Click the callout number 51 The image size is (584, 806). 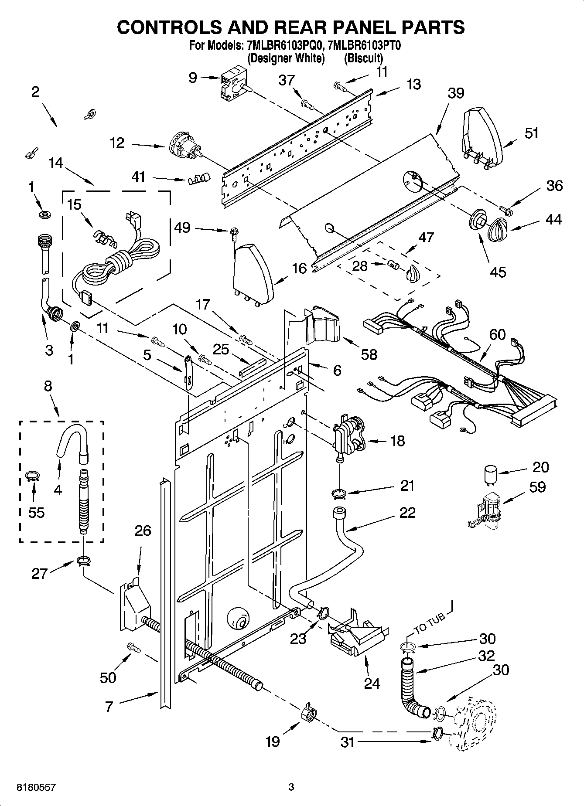pos(531,133)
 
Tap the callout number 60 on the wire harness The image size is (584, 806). pos(497,334)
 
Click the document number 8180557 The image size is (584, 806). pos(36,787)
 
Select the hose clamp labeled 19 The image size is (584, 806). pos(308,713)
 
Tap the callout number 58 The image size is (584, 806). pos(369,354)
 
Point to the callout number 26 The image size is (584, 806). pos(143,531)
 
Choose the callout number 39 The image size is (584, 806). pos(456,92)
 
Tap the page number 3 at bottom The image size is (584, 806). pos(291,787)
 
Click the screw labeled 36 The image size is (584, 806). pos(507,210)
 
